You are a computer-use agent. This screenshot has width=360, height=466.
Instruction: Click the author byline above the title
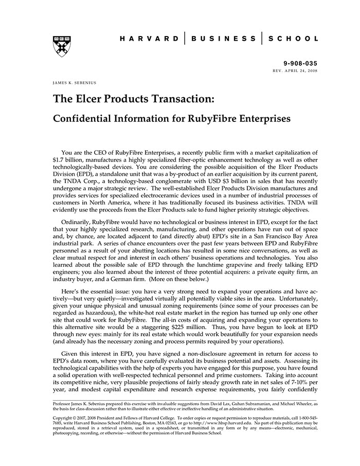[x=75, y=82]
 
